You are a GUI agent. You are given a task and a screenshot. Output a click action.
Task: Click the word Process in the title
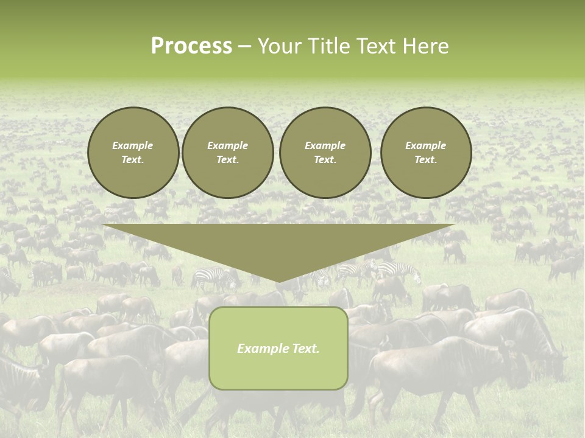pos(191,46)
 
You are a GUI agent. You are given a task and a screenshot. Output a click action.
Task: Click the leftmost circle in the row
pos(133,153)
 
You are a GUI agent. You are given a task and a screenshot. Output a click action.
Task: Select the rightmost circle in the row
pos(426,153)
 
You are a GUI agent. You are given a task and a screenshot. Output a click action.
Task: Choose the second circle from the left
pos(228,153)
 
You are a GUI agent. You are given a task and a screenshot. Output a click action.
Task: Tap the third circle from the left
pos(325,153)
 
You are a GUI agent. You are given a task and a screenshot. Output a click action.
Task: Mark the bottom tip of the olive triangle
pos(278,281)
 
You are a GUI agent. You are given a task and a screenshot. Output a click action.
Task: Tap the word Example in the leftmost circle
pos(133,145)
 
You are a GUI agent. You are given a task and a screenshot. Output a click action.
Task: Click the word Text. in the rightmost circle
pos(426,160)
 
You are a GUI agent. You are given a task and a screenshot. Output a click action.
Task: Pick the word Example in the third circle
pos(325,145)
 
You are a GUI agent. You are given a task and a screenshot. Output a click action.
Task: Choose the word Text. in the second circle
pos(228,160)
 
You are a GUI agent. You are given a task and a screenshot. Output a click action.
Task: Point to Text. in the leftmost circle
pos(133,160)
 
